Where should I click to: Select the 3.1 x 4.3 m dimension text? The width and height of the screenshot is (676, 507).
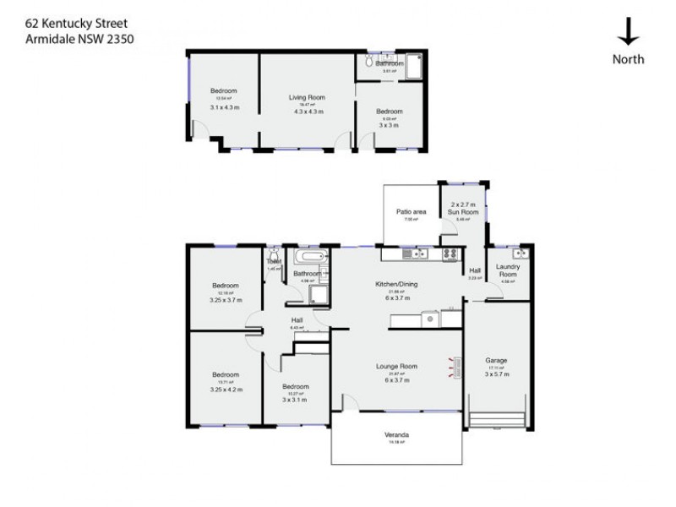pyautogui.click(x=225, y=106)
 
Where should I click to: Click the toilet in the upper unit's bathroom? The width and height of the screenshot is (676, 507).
pyautogui.click(x=370, y=63)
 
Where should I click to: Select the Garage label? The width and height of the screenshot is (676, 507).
pyautogui.click(x=496, y=360)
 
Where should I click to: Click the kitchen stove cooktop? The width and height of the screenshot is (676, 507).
pyautogui.click(x=450, y=253)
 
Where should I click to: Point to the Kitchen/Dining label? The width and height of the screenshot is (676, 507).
pyautogui.click(x=397, y=284)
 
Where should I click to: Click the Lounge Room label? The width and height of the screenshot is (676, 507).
pyautogui.click(x=397, y=366)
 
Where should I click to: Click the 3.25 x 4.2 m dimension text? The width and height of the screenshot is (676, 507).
pyautogui.click(x=226, y=389)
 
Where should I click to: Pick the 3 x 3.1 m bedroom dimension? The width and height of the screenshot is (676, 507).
pyautogui.click(x=296, y=401)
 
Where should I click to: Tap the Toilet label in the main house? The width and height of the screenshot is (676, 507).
pyautogui.click(x=273, y=262)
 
